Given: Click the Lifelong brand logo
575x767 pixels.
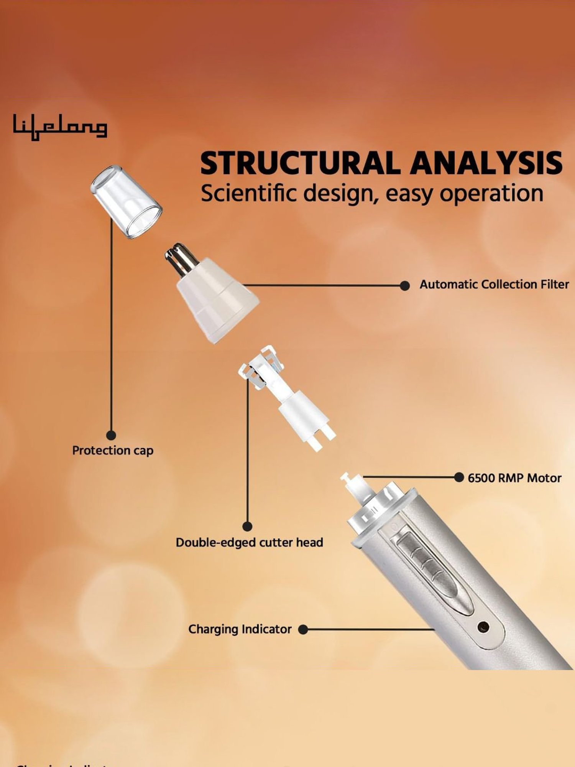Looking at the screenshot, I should [x=60, y=127].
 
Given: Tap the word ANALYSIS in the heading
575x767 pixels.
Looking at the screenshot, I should [x=486, y=163].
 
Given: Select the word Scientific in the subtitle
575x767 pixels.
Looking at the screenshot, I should [x=249, y=193].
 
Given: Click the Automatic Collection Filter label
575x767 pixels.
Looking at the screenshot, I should [x=494, y=285].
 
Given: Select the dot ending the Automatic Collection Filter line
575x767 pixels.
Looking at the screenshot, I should [x=404, y=286].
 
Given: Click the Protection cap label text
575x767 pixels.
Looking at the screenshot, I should [x=113, y=450].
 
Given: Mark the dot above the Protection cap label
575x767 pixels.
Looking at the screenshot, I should [x=111, y=435].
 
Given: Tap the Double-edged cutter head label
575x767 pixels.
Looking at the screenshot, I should [x=249, y=542].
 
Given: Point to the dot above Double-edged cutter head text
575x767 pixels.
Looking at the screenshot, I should [x=248, y=527].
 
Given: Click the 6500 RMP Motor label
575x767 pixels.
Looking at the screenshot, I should [x=514, y=478].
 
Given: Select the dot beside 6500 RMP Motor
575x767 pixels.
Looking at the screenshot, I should [x=459, y=477].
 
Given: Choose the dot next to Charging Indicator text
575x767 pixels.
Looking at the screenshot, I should [x=303, y=629].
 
